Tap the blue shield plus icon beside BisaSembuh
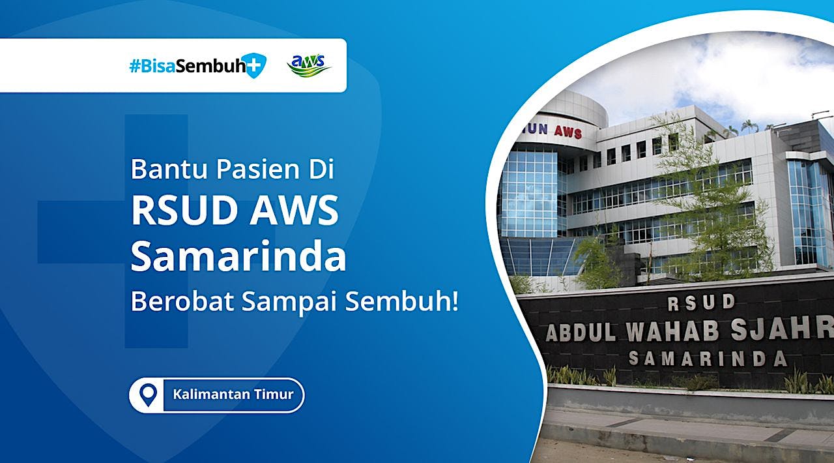pyautogui.click(x=254, y=66)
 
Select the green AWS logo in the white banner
pyautogui.click(x=309, y=66)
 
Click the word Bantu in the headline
pyautogui.click(x=169, y=169)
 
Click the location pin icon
pyautogui.click(x=149, y=395)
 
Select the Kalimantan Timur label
pyautogui.click(x=233, y=395)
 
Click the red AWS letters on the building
pyautogui.click(x=567, y=131)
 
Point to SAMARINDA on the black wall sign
pyautogui.click(x=707, y=358)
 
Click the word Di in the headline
pyautogui.click(x=321, y=169)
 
